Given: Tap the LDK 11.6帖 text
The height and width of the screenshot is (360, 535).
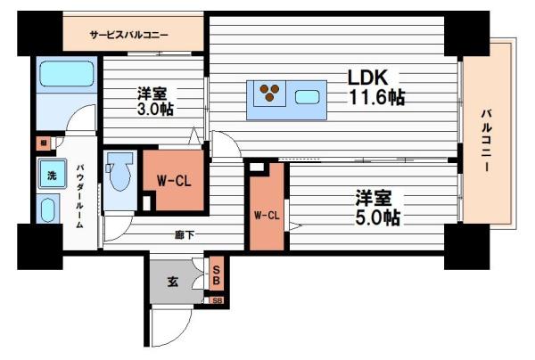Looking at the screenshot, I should coord(375,87).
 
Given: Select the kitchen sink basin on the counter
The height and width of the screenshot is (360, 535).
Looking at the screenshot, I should coord(308,95).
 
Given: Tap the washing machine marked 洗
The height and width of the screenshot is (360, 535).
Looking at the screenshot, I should coord(51,174).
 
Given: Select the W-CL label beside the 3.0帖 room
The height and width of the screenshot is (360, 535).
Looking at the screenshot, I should coord(173,179).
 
